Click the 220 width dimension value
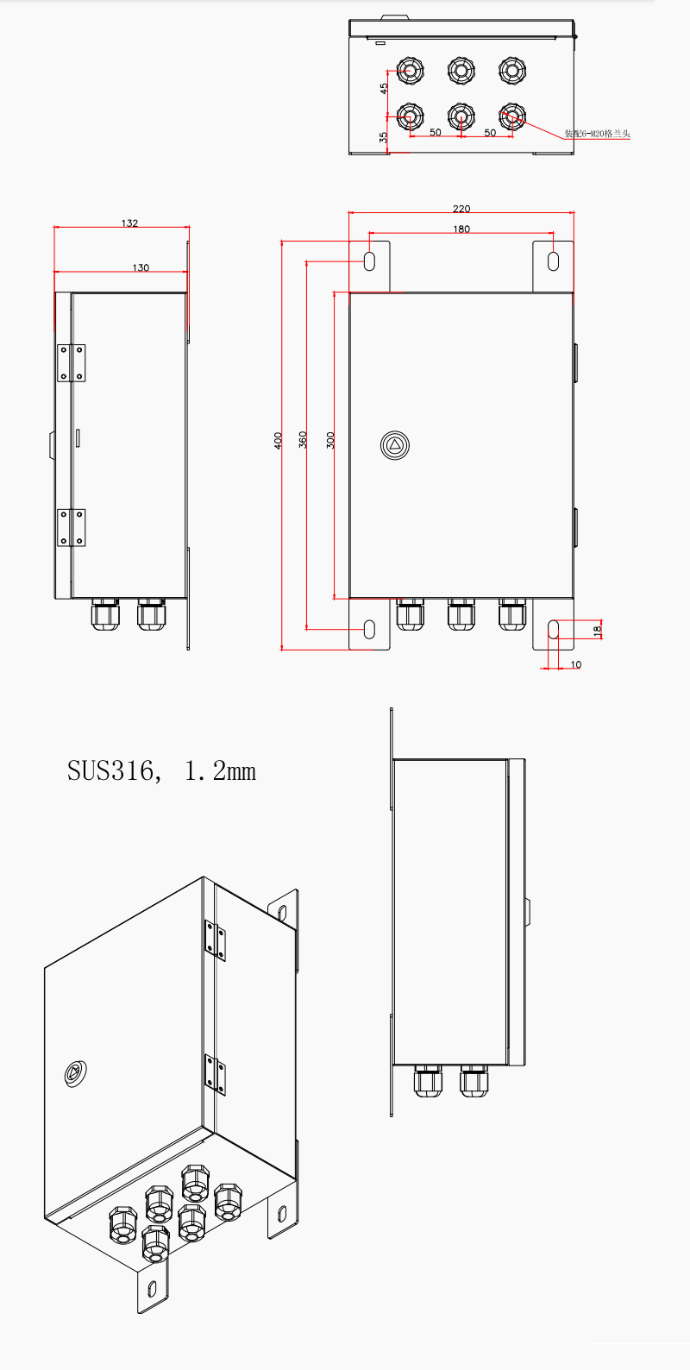(461, 209)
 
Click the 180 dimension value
(461, 229)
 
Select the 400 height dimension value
(279, 440)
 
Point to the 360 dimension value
(303, 439)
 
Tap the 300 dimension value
(330, 440)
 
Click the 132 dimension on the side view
(129, 223)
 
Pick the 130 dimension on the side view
(141, 267)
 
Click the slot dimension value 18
(597, 630)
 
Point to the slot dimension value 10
(576, 664)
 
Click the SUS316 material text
(112, 770)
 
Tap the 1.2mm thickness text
(221, 770)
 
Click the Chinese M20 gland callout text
(598, 134)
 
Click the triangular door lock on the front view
(395, 446)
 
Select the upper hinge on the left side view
(71, 362)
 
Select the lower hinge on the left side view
(71, 527)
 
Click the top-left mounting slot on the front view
(369, 261)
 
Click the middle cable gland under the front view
(461, 614)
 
